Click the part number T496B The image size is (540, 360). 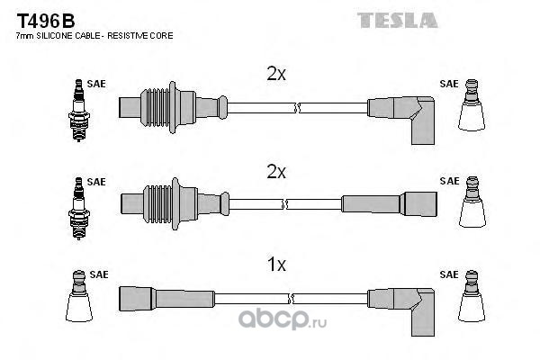click(x=46, y=22)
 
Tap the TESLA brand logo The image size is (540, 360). click(x=398, y=21)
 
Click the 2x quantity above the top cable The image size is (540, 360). click(x=276, y=74)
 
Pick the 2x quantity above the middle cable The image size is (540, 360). click(x=276, y=171)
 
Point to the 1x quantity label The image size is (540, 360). click(x=276, y=265)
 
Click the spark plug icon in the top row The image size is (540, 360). click(x=79, y=110)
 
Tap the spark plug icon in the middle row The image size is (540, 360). click(x=79, y=209)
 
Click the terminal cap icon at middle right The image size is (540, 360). click(x=472, y=202)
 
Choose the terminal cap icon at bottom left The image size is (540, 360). click(x=79, y=296)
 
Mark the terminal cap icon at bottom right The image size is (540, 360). click(x=472, y=296)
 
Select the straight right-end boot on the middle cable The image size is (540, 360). click(x=389, y=203)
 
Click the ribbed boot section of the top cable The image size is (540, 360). click(x=156, y=107)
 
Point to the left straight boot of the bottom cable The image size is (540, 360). click(x=166, y=298)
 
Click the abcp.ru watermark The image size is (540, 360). click(x=283, y=319)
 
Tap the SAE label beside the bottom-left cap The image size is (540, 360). click(x=99, y=274)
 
